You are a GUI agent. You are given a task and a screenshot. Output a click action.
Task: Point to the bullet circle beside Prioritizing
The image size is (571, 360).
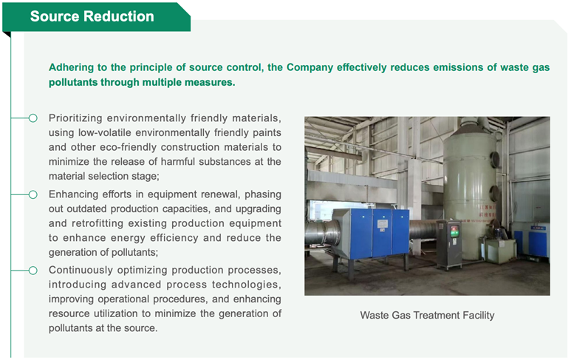[33, 118]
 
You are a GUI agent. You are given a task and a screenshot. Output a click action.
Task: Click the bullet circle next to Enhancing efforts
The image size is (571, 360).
[33, 194]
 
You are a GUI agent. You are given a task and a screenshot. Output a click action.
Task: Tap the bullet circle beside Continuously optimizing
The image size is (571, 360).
[33, 271]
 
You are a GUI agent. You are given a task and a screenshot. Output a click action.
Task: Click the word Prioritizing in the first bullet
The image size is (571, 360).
[75, 118]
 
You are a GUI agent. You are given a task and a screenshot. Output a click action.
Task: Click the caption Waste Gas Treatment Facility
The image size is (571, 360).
[427, 315]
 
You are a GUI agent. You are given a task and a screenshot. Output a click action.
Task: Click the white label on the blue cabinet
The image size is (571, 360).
[382, 224]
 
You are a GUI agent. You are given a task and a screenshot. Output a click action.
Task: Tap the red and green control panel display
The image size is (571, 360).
[454, 231]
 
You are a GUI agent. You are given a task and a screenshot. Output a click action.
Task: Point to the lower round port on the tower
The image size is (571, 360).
[493, 192]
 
